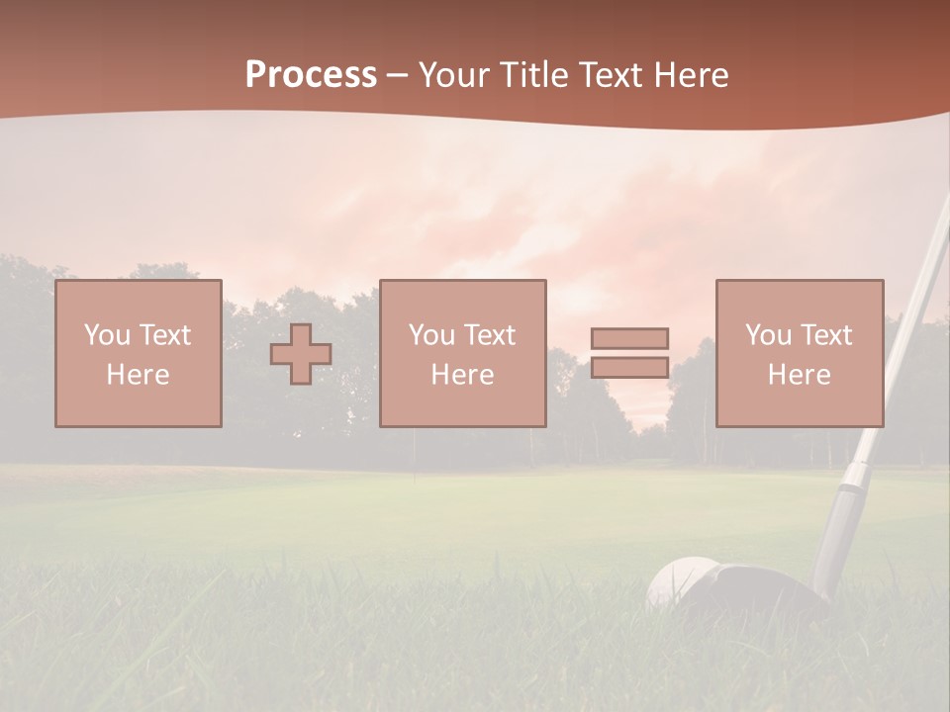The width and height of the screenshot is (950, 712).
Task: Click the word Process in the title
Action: (311, 75)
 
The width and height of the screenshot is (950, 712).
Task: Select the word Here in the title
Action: (691, 75)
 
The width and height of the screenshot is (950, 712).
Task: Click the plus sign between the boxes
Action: (301, 354)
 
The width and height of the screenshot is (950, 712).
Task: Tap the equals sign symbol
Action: (629, 353)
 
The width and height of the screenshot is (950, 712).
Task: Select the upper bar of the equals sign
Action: (629, 338)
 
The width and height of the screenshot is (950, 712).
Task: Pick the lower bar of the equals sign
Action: (629, 367)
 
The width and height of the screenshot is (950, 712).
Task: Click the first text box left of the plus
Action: (138, 353)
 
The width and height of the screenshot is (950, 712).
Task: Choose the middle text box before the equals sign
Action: (462, 353)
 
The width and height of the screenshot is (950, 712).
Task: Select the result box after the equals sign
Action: (799, 353)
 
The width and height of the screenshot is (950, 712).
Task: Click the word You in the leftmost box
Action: (107, 335)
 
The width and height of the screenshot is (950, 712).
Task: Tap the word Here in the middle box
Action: (462, 375)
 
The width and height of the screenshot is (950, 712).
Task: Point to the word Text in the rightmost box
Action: (827, 335)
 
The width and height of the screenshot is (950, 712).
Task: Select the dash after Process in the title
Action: (397, 75)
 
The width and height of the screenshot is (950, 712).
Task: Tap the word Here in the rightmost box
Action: (799, 375)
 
